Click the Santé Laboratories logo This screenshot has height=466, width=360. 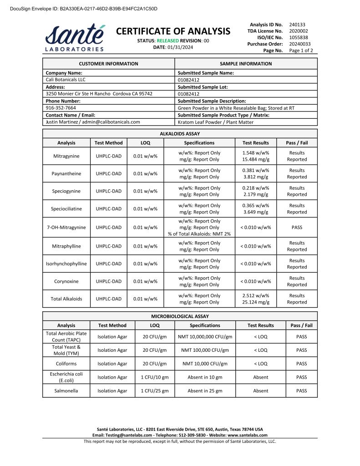[x=75, y=38]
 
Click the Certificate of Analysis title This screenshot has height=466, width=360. [x=173, y=31]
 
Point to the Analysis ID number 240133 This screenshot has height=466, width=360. [x=297, y=24]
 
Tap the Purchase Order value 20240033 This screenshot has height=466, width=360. [x=299, y=44]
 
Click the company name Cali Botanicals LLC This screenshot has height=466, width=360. [x=66, y=80]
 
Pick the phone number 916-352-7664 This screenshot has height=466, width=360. [x=61, y=108]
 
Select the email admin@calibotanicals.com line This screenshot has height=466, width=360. [x=93, y=122]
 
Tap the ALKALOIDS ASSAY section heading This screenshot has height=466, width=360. [x=180, y=134]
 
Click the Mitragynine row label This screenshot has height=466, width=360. [x=66, y=156]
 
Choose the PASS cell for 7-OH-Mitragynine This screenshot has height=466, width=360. [x=297, y=228]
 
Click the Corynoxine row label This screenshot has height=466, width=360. [x=66, y=281]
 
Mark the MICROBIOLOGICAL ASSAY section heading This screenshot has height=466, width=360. [x=180, y=316]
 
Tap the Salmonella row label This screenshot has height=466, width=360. [x=66, y=391]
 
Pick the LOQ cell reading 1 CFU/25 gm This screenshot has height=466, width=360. [x=155, y=391]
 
